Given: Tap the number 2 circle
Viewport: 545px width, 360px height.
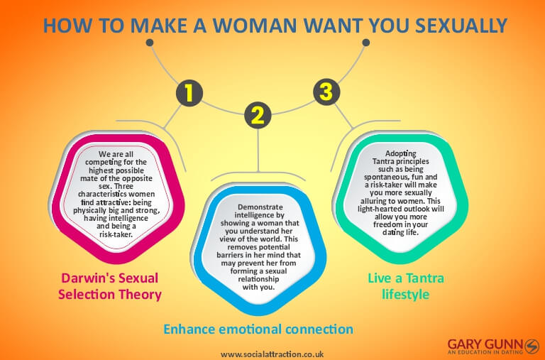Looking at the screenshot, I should point(258,115).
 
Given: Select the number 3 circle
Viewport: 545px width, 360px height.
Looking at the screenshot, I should point(325,92).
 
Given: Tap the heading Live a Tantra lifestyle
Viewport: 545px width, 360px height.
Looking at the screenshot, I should point(404,285).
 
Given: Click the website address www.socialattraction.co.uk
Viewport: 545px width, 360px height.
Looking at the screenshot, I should point(272,353).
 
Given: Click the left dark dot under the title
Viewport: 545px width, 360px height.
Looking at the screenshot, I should point(150,42).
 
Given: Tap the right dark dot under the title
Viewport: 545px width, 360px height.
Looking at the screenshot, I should point(366,42).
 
